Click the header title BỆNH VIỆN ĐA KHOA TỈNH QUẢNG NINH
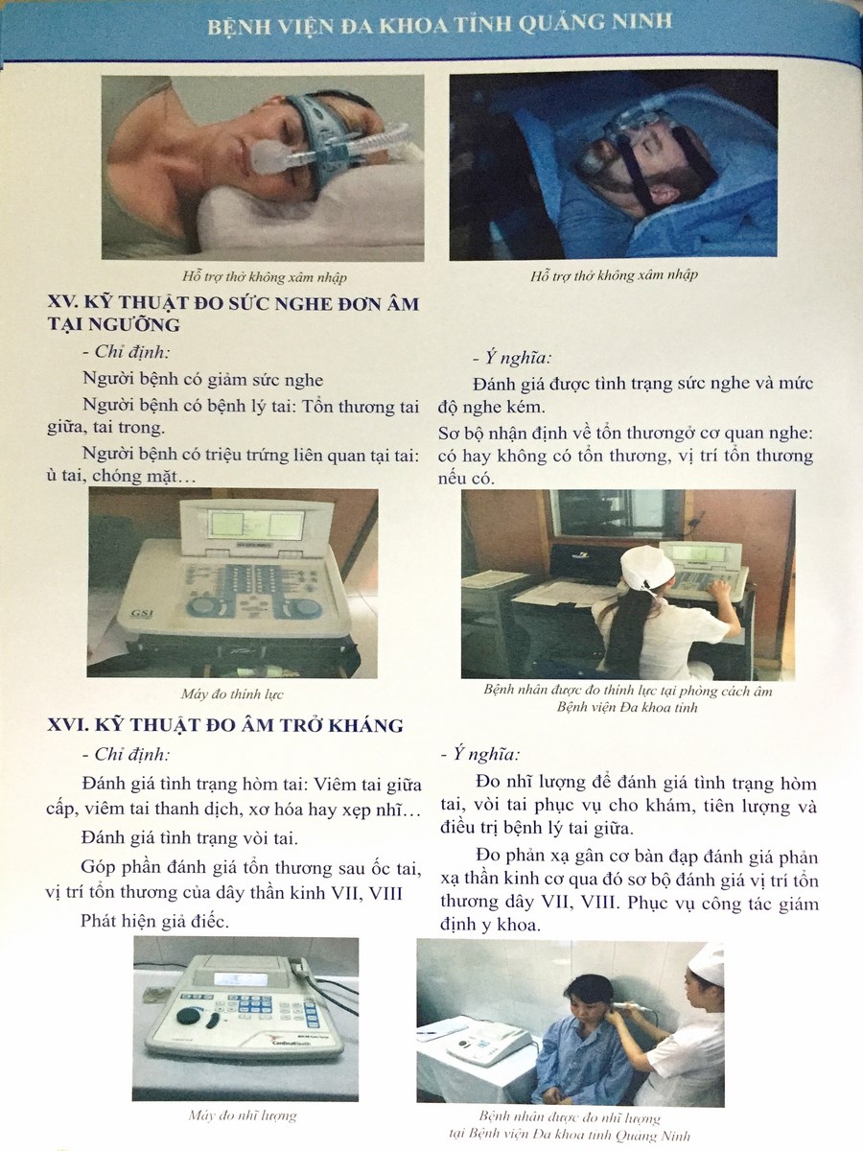point(439,25)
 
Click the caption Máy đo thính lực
point(232,694)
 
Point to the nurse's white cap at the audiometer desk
point(646,569)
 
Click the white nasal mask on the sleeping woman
point(268,158)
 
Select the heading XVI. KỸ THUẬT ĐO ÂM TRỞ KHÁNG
point(225,725)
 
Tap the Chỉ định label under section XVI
point(127,755)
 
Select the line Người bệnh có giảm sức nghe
point(202,379)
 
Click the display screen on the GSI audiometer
point(257,524)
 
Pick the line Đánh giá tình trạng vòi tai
point(189,838)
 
